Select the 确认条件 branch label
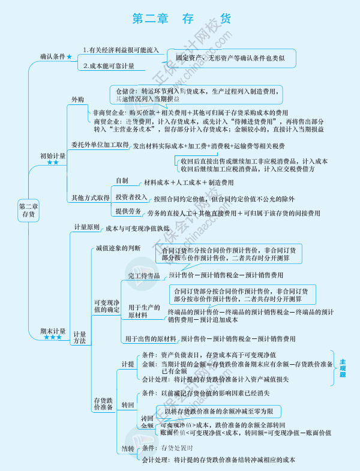pos(53,56)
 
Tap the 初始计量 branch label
pos(53,155)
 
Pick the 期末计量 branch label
pos(53,331)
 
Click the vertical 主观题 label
pos(343,368)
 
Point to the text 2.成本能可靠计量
pos(109,65)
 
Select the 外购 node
pos(78,98)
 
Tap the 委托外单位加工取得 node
pos(100,145)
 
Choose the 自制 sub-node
pos(122,181)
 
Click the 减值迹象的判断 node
pos(118,247)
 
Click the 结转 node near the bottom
pos(128,448)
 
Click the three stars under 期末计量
pos(52,338)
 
